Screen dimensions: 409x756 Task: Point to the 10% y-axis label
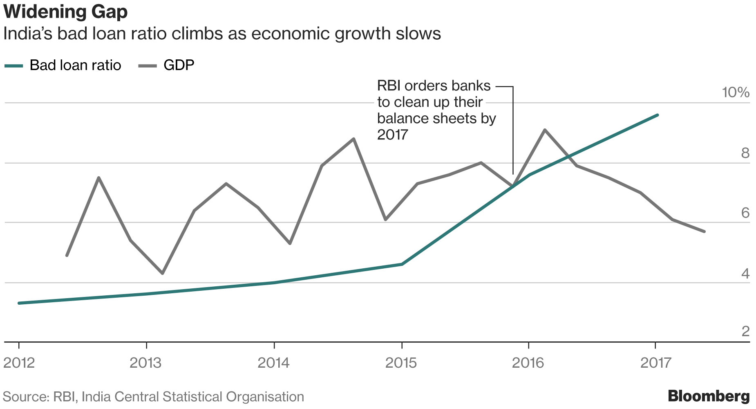[736, 92]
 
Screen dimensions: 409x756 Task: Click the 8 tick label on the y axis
[745, 153]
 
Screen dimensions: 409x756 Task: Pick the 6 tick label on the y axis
[745, 213]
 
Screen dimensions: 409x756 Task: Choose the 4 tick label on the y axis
[745, 274]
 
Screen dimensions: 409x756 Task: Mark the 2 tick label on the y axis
[745, 331]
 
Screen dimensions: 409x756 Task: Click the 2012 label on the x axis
[19, 363]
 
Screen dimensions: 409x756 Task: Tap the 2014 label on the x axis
[273, 363]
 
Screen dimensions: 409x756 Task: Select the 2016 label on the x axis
[528, 363]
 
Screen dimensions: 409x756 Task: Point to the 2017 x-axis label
[655, 363]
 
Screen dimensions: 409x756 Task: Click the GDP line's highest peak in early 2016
[545, 130]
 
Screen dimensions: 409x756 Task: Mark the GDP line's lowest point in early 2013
[163, 273]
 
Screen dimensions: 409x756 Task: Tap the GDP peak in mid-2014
[353, 139]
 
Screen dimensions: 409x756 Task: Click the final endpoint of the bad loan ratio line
[657, 115]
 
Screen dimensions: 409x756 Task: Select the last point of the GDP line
[704, 231]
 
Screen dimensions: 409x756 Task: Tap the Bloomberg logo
[709, 396]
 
